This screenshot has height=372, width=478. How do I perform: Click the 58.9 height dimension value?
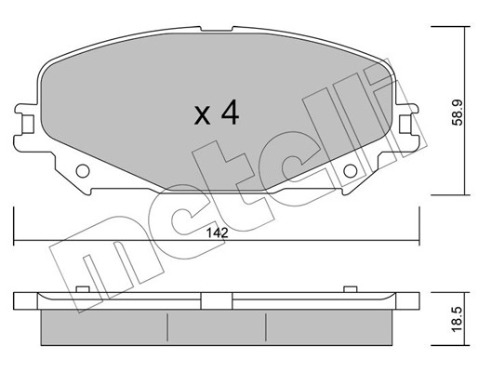click(457, 113)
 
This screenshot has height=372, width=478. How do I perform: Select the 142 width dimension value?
click(218, 232)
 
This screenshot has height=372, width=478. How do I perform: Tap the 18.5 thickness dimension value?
click(457, 319)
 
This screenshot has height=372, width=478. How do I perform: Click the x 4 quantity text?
click(217, 113)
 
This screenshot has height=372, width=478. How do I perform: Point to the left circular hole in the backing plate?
click(83, 171)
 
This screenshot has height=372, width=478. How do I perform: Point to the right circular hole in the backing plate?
click(351, 171)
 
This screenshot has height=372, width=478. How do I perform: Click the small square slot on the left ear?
click(28, 124)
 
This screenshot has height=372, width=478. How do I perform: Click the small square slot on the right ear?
click(405, 124)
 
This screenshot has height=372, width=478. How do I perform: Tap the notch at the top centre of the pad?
click(217, 29)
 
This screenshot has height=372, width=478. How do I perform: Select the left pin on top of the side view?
click(83, 289)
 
